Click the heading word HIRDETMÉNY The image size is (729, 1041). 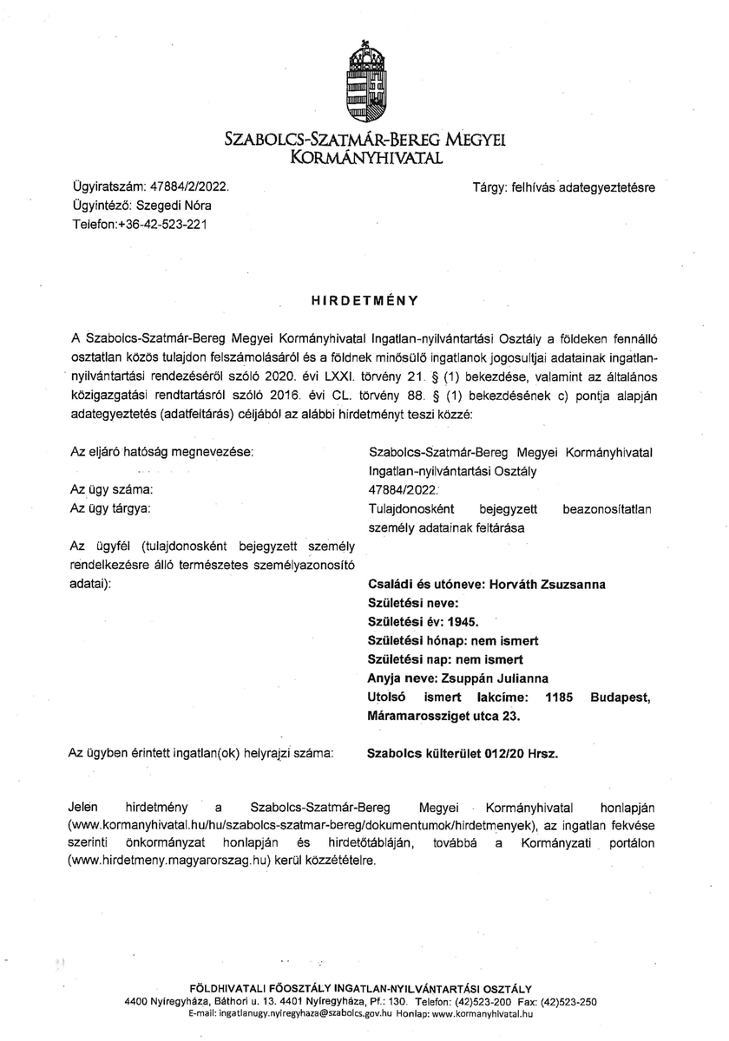tap(364, 300)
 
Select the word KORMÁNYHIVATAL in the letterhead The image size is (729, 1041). tap(364, 157)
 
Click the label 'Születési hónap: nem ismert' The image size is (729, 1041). tap(454, 640)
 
